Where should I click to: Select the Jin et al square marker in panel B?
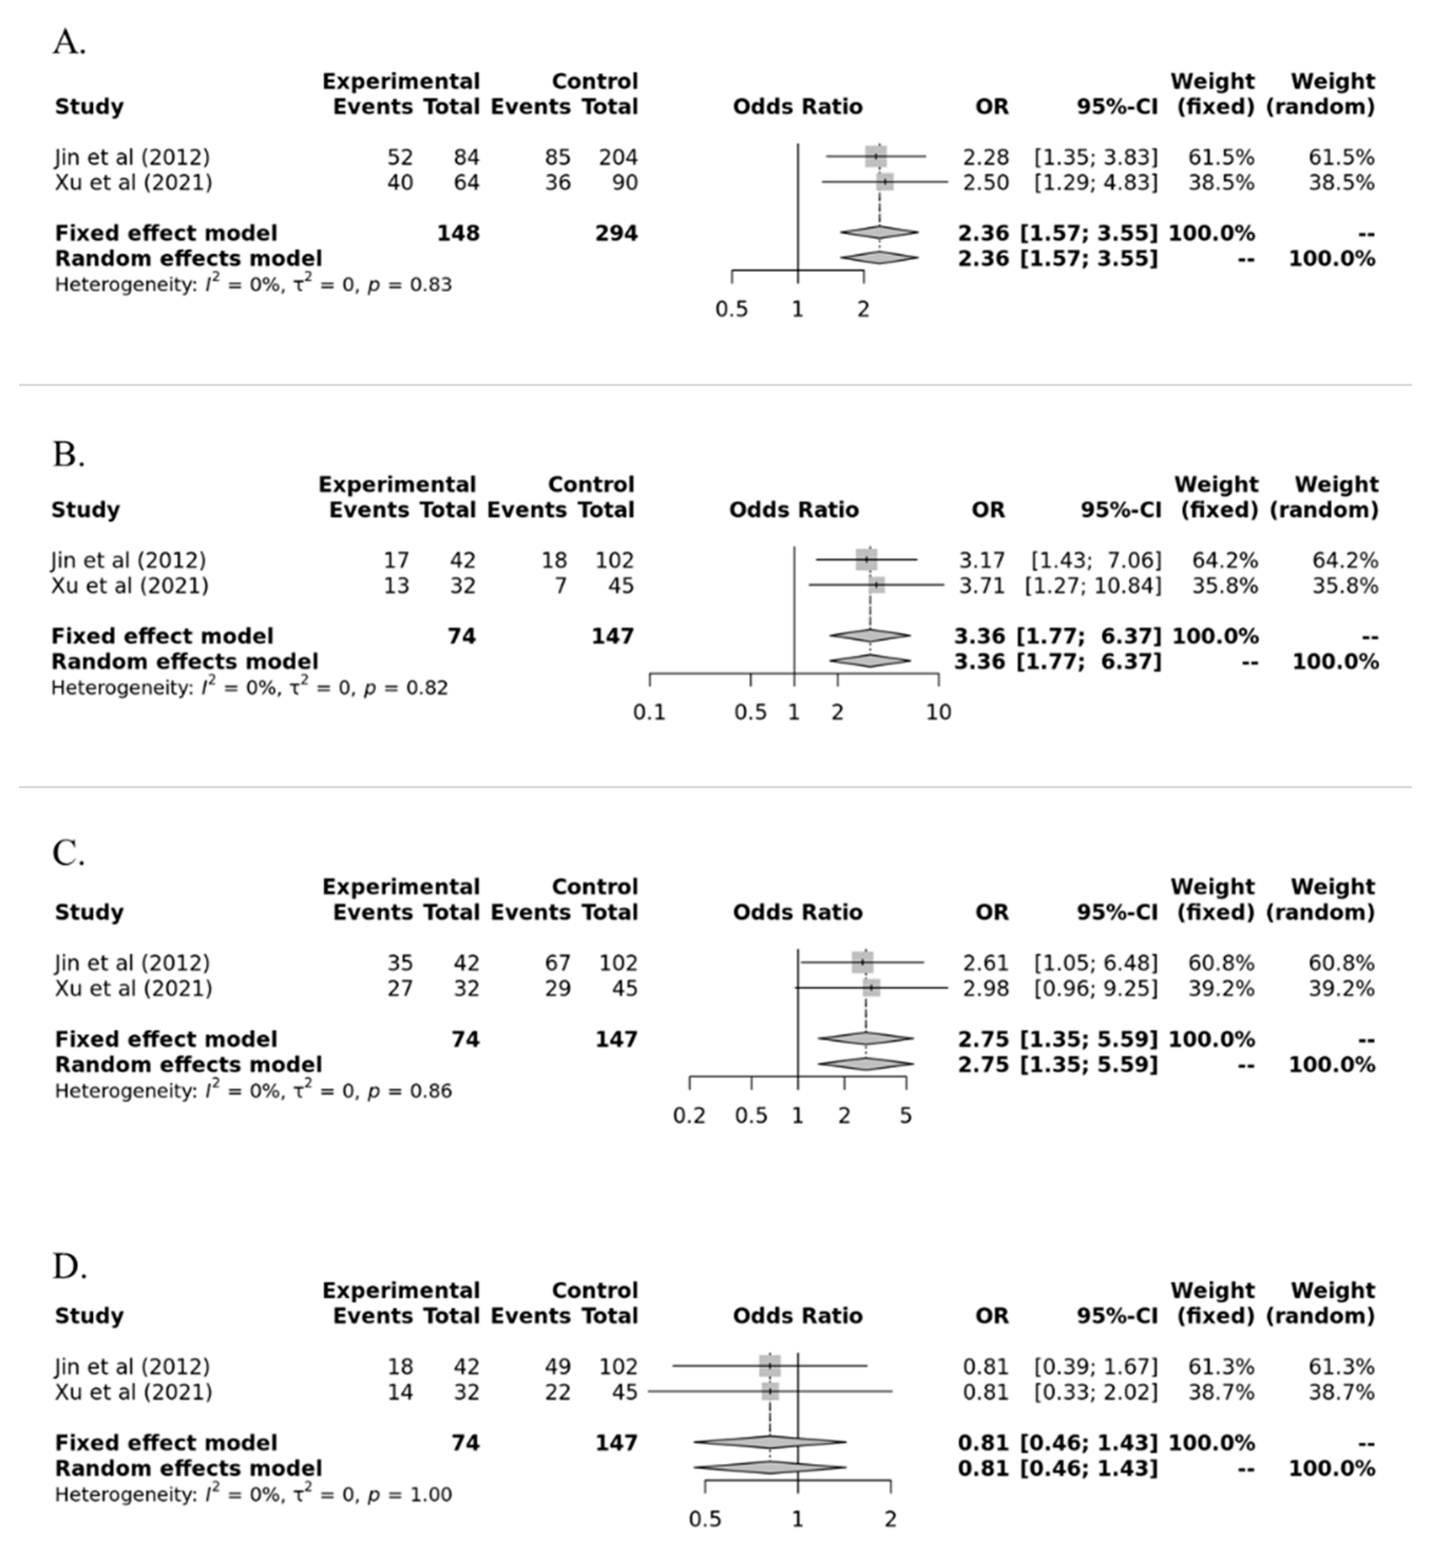pyautogui.click(x=867, y=559)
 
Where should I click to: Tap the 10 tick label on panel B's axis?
pyautogui.click(x=938, y=712)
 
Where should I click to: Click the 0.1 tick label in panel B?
pyautogui.click(x=649, y=712)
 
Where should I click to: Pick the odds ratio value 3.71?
pyautogui.click(x=982, y=585)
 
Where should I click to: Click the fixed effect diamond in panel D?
pyautogui.click(x=770, y=1442)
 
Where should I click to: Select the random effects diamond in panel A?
pyautogui.click(x=879, y=258)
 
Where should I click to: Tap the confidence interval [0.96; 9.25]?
pyautogui.click(x=1095, y=988)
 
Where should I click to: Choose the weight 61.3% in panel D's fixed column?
pyautogui.click(x=1221, y=1366)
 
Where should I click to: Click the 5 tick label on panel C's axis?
pyautogui.click(x=905, y=1116)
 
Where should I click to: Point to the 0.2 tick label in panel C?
pyautogui.click(x=689, y=1116)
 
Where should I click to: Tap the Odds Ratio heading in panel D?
pyautogui.click(x=798, y=1316)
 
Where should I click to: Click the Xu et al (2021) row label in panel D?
pyautogui.click(x=133, y=1392)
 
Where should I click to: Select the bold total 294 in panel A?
pyautogui.click(x=617, y=233)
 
